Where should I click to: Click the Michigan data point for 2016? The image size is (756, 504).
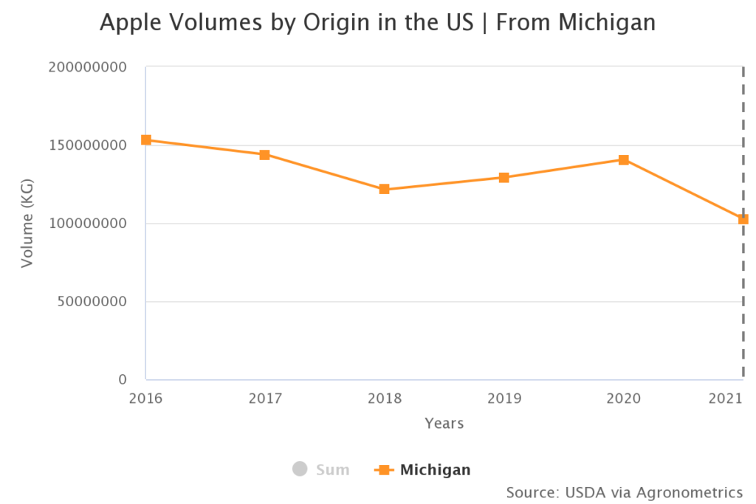[146, 139]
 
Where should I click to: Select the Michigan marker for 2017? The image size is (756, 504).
[264, 155]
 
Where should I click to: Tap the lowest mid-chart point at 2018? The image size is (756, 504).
[384, 189]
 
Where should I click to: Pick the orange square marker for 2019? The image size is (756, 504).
[504, 177]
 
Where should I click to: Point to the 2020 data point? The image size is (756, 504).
[623, 159]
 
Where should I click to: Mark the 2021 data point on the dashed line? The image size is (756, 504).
[743, 219]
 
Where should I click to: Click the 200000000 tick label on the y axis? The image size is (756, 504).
[88, 67]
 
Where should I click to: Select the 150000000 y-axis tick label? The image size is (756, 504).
[88, 145]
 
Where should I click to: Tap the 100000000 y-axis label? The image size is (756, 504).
[88, 224]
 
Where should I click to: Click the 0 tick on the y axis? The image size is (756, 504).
[123, 380]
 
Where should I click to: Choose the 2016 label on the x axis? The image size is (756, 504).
[146, 399]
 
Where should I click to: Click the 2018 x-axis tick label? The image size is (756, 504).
[384, 399]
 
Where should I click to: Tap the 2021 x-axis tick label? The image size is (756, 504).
[725, 399]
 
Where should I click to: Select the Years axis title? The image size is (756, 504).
[444, 424]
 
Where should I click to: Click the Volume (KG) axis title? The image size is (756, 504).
[27, 224]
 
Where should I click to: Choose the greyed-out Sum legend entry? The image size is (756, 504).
[322, 469]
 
